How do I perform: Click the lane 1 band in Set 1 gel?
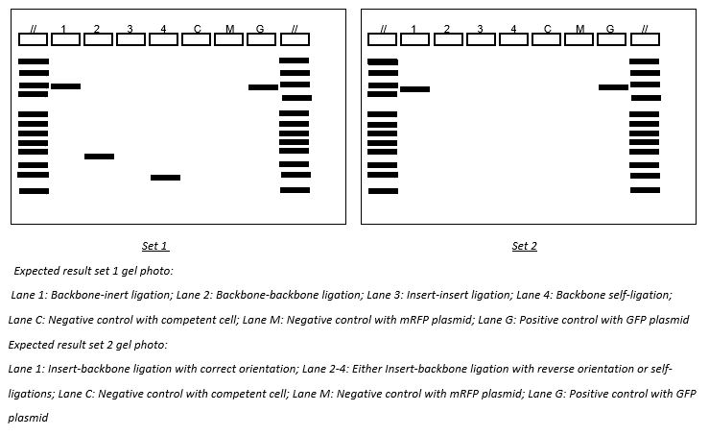pyautogui.click(x=65, y=86)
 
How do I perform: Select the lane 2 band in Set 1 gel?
pyautogui.click(x=99, y=157)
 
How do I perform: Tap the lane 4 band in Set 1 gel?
pyautogui.click(x=165, y=178)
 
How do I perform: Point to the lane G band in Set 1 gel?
pyautogui.click(x=263, y=87)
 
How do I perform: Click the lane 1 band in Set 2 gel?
pyautogui.click(x=414, y=89)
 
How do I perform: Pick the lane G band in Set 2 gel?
pyautogui.click(x=613, y=87)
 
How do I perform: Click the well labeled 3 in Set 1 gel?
pyautogui.click(x=130, y=39)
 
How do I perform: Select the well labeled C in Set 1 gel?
pyautogui.click(x=197, y=39)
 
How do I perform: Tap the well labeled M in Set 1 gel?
pyautogui.click(x=229, y=39)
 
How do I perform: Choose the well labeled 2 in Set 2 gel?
pyautogui.click(x=448, y=39)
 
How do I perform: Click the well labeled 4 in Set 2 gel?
pyautogui.click(x=513, y=39)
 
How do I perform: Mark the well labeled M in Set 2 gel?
pyautogui.click(x=579, y=39)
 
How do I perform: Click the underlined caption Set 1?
pyautogui.click(x=154, y=247)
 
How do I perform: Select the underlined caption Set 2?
pyautogui.click(x=524, y=247)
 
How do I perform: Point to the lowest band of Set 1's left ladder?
pyautogui.click(x=34, y=191)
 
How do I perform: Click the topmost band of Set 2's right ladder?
pyautogui.click(x=645, y=61)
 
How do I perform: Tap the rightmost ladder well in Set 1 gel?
pyautogui.click(x=295, y=39)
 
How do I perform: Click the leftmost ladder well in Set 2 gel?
pyautogui.click(x=383, y=39)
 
